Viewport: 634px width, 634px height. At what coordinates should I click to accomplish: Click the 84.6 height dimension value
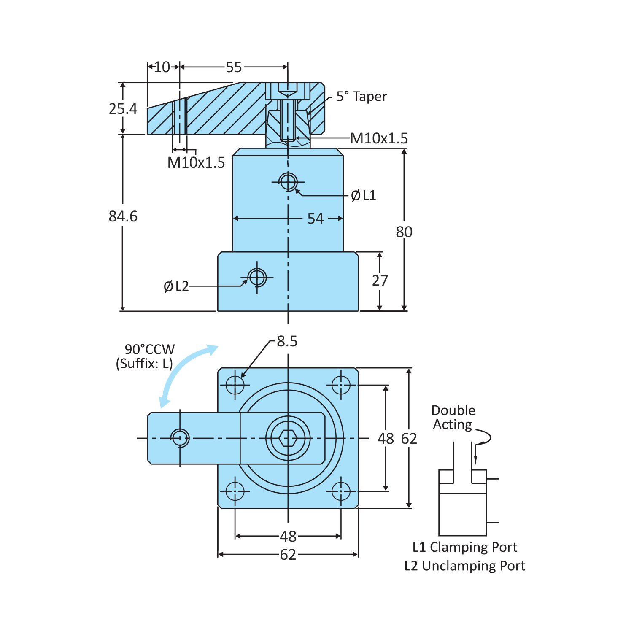point(123,216)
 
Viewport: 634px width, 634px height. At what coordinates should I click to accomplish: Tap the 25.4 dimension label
point(123,109)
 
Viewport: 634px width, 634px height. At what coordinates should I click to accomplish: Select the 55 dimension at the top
point(234,67)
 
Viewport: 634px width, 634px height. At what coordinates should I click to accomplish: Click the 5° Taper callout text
point(361,97)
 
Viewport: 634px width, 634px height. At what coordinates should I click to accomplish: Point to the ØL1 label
point(363,195)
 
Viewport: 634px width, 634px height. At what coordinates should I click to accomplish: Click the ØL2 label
point(176,286)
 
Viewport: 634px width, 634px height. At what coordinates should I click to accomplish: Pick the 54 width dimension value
point(315,219)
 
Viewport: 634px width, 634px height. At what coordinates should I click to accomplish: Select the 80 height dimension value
point(404,232)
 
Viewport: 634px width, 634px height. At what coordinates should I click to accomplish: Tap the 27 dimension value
point(380,281)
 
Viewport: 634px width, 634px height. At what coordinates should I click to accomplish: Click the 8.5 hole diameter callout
point(287,341)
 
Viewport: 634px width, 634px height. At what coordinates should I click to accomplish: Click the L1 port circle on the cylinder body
point(288,182)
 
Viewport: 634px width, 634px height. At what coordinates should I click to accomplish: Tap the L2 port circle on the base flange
point(257,278)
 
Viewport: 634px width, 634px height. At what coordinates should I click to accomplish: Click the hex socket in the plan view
point(288,438)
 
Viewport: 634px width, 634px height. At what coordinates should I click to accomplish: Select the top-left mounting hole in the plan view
point(235,385)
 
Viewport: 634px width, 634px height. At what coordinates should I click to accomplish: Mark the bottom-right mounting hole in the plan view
point(341,491)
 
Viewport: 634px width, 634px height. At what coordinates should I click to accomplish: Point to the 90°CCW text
point(149,349)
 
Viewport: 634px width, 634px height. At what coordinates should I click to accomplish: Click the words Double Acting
point(453,417)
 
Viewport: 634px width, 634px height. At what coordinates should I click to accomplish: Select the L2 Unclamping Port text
point(464,566)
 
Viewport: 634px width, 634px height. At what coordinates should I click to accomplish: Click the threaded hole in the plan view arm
point(180,438)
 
